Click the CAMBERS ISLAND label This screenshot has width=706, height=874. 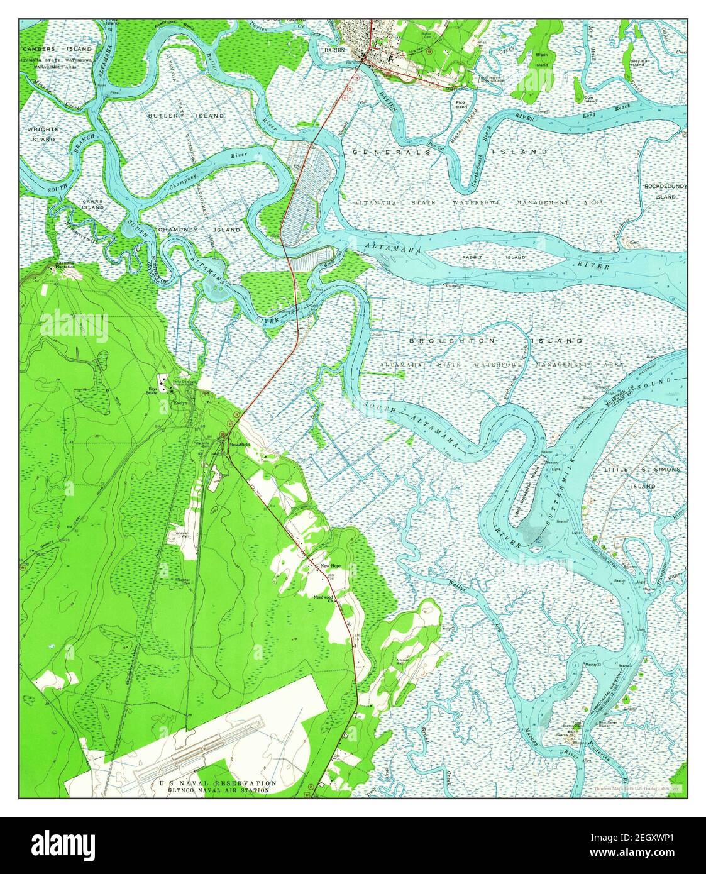click(x=57, y=48)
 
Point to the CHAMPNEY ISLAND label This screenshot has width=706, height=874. click(x=199, y=230)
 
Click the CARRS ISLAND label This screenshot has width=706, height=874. click(x=92, y=204)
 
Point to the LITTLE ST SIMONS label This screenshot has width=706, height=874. click(x=642, y=470)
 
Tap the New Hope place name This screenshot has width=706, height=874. click(x=331, y=567)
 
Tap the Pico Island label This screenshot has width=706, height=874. click(x=461, y=104)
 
